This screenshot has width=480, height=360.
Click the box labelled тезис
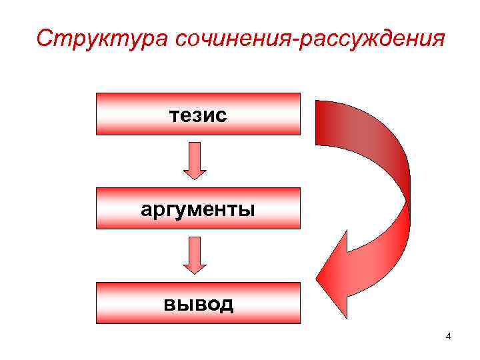198,114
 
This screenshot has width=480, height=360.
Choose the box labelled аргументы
198,209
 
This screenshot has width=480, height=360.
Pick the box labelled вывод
198,303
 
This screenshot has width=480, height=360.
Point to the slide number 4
449,336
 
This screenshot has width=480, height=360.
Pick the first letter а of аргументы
147,210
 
